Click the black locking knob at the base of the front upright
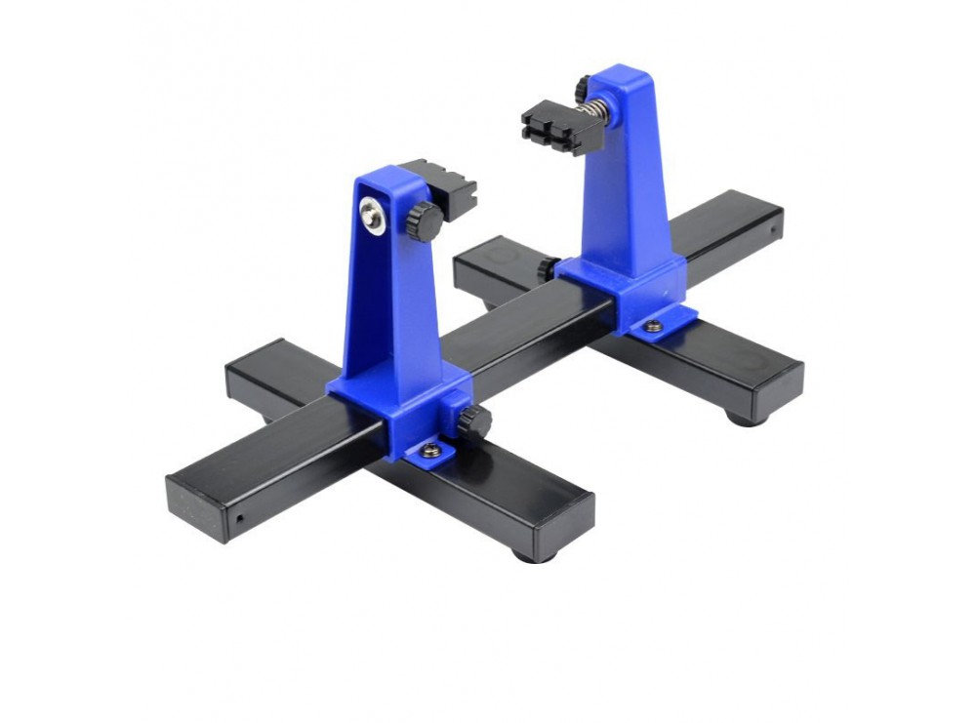(474, 423)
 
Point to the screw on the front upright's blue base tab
(429, 450)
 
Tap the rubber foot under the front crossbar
(532, 555)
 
